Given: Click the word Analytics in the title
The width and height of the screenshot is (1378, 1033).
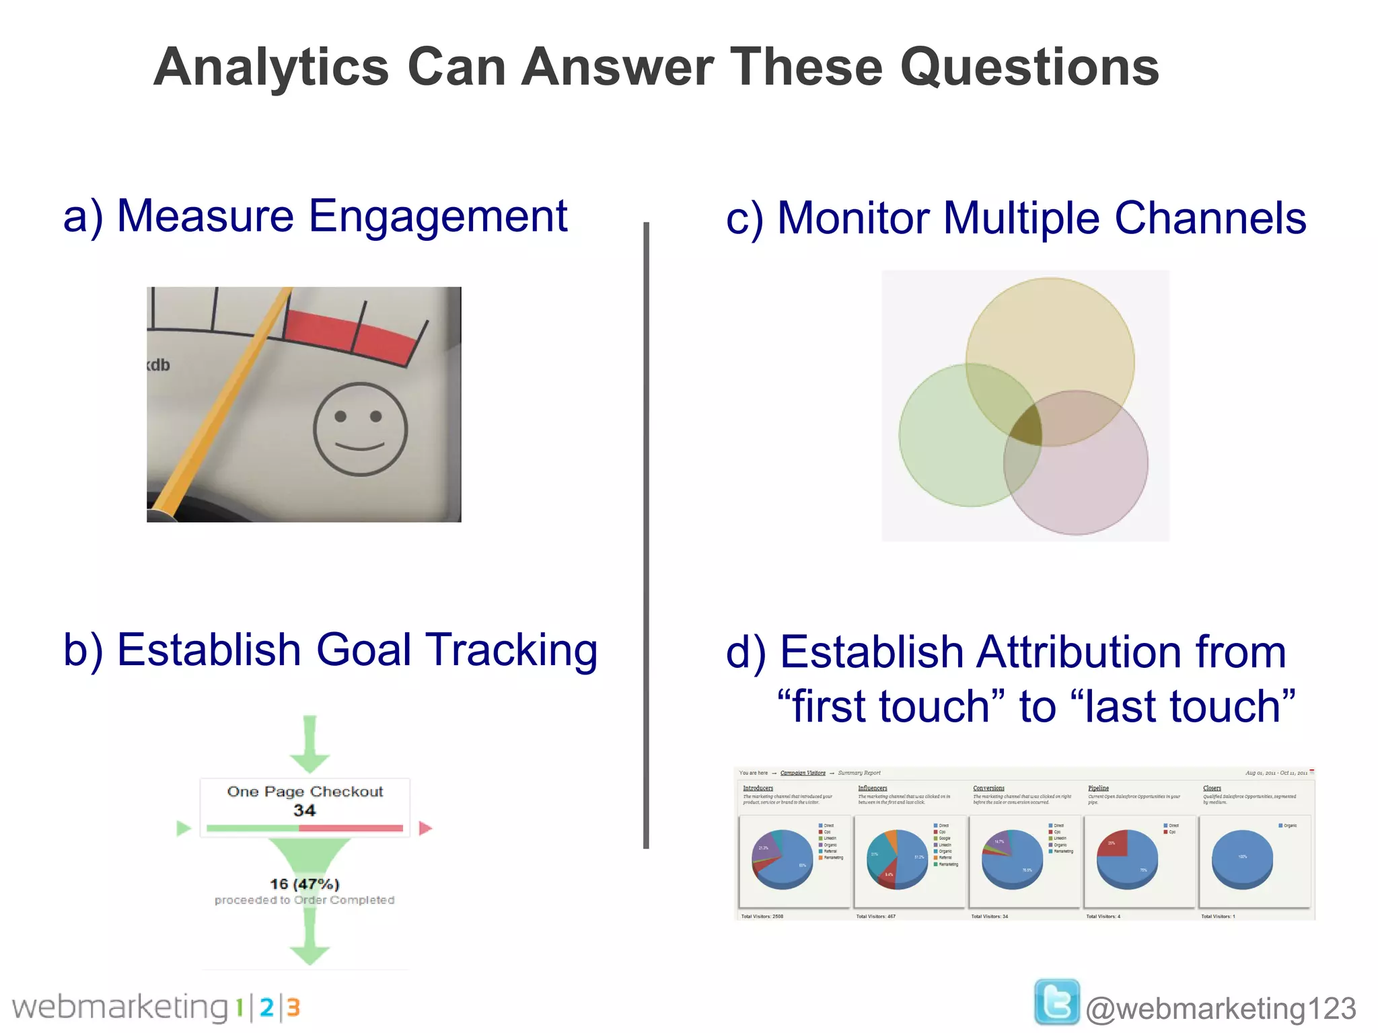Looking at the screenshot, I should pyautogui.click(x=271, y=68).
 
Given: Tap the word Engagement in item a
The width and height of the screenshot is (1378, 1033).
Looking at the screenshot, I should pyautogui.click(x=437, y=217).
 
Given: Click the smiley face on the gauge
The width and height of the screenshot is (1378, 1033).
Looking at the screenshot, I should pyautogui.click(x=360, y=429).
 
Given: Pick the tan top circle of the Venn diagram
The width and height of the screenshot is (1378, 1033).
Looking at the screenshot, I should pyautogui.click(x=1056, y=336).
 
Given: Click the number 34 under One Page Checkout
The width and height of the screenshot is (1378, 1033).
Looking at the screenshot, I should pyautogui.click(x=304, y=810).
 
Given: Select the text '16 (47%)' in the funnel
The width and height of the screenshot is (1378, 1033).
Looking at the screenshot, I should pyautogui.click(x=304, y=884).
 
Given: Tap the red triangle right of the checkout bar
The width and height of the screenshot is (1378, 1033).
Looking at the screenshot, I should pyautogui.click(x=425, y=828).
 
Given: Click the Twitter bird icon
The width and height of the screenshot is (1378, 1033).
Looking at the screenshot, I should pyautogui.click(x=1056, y=1002).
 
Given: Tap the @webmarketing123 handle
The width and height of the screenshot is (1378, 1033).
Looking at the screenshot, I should pyautogui.click(x=1221, y=1009).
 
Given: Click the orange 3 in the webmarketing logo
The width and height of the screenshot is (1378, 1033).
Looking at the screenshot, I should pyautogui.click(x=293, y=1007).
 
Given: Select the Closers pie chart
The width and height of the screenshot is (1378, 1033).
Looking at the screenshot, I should pyautogui.click(x=1241, y=859).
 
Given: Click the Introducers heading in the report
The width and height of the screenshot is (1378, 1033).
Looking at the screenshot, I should pyautogui.click(x=758, y=788).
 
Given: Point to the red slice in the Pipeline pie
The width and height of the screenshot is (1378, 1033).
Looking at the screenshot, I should pyautogui.click(x=1112, y=845).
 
